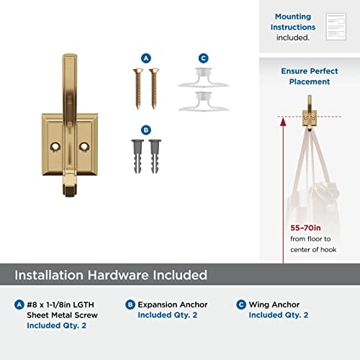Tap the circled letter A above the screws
tap(146, 58)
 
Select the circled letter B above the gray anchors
tap(146, 130)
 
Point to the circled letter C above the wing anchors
tap(203, 58)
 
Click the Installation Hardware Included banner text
tap(112, 275)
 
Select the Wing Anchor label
tap(274, 305)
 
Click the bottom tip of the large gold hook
tap(72, 192)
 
